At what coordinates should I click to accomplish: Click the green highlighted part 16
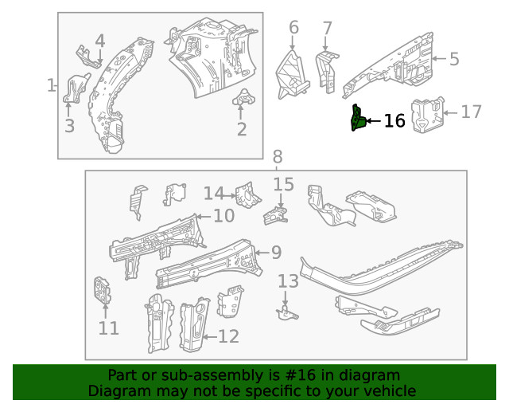coord(358,120)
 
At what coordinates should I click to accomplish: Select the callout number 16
coord(394,121)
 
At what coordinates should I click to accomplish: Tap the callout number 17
coord(471,112)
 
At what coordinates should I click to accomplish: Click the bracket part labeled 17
coord(426,116)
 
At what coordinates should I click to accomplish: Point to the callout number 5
coord(454,59)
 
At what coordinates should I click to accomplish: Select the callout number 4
coord(99,41)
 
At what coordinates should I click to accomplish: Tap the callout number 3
coord(69,126)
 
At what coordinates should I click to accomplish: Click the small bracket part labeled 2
coord(240,100)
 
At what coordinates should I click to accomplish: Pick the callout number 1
coord(52,85)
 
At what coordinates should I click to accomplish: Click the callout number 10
coord(223,215)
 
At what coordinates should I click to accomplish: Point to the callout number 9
coord(275,253)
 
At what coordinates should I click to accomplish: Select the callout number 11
coord(109,328)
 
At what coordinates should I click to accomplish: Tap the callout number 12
coord(228,337)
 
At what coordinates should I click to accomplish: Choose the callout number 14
coord(213,194)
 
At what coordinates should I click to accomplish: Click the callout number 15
coord(284,186)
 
